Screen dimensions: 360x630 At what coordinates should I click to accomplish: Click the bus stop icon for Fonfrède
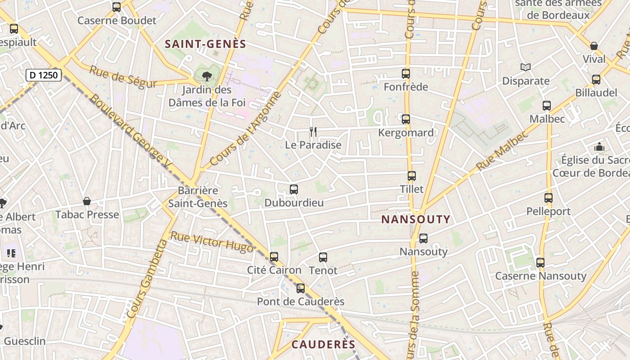[406, 73]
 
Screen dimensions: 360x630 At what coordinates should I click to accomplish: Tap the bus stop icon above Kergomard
[406, 119]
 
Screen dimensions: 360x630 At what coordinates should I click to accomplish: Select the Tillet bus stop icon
[411, 176]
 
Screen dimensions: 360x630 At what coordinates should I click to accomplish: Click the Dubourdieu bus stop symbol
[294, 189]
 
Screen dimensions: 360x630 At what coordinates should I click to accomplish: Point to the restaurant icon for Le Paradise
[313, 132]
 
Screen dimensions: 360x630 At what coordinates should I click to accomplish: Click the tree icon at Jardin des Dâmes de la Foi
[207, 76]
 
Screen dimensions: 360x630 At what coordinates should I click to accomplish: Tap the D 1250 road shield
[44, 75]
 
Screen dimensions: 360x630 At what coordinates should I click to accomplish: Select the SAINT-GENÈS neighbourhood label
[206, 44]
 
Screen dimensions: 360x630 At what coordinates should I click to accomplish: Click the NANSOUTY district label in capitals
[416, 220]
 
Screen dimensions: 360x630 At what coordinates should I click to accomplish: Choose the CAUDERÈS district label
[324, 345]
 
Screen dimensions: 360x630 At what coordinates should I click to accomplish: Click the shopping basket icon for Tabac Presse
[87, 201]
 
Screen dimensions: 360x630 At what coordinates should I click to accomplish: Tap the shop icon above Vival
[594, 46]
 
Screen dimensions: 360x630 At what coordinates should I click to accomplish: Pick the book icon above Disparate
[526, 67]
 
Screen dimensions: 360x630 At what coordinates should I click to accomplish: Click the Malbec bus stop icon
[547, 106]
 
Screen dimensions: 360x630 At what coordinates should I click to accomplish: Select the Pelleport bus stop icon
[548, 198]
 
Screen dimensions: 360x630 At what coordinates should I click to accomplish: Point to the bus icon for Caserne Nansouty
[540, 262]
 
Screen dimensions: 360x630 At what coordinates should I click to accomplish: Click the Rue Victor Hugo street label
[212, 242]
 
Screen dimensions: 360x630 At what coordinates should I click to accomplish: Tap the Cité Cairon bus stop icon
[274, 257]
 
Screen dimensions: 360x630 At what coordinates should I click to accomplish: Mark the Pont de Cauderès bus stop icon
[301, 288]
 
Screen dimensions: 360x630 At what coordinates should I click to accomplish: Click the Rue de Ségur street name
[123, 77]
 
